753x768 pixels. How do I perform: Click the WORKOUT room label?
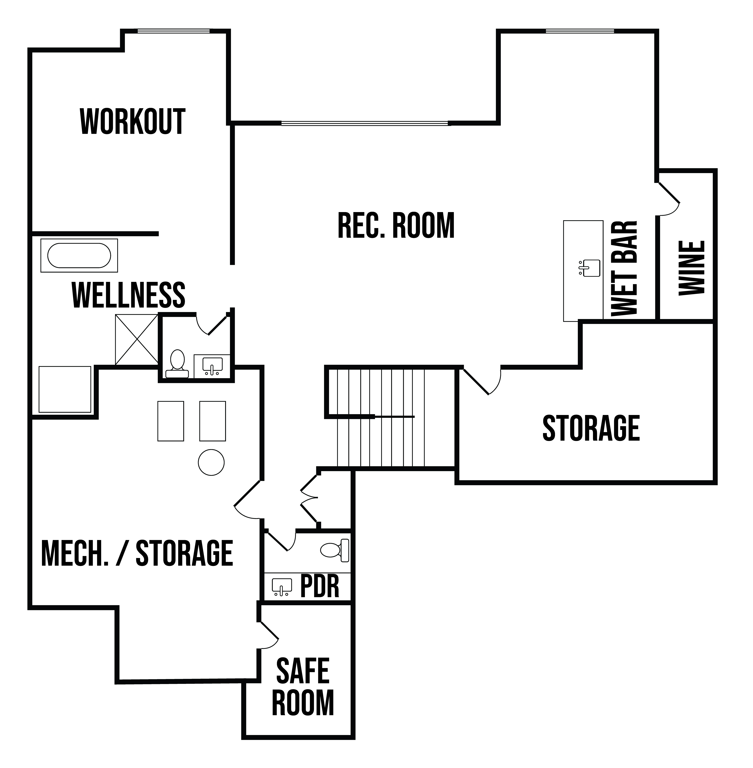[x=133, y=122]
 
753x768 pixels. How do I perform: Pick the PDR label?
[x=320, y=587]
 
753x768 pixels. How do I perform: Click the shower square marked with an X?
[x=136, y=339]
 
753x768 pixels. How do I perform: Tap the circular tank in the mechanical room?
[x=211, y=462]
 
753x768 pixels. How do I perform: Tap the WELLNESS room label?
[x=129, y=295]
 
